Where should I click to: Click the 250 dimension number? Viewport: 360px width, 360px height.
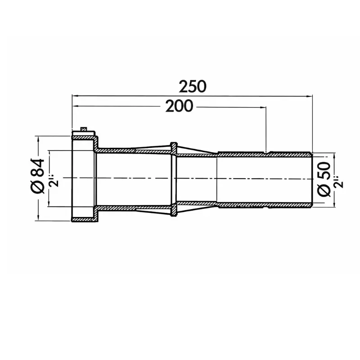point(193,85)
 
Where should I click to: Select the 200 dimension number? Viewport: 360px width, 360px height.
point(179,106)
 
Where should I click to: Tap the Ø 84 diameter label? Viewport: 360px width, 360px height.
point(38,176)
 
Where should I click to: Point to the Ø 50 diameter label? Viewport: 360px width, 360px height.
point(324,179)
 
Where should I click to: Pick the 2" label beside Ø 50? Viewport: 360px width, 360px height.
point(339,179)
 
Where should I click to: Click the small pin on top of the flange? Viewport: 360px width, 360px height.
point(84,129)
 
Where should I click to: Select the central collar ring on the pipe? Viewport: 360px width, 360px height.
point(173,179)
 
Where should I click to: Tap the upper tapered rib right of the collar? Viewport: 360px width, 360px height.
point(193,150)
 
